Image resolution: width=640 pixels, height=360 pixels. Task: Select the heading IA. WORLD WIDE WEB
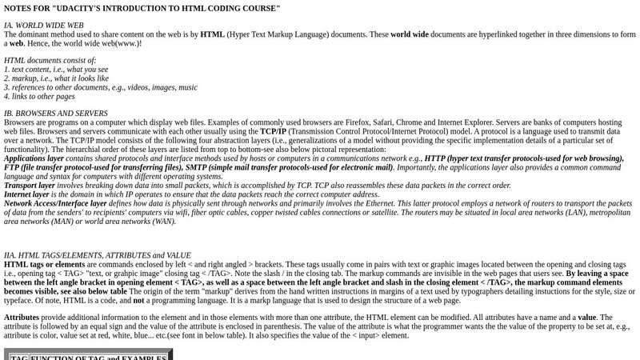[x=44, y=26]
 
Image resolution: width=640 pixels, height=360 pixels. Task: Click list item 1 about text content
[x=56, y=70]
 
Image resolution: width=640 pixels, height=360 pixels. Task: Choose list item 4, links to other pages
[x=39, y=96]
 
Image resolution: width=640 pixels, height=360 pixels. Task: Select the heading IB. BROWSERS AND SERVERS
[x=56, y=114]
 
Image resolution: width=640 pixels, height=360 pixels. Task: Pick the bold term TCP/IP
[x=273, y=131]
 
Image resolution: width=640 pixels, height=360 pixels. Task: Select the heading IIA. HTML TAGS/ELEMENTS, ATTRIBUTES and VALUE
[x=98, y=255]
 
